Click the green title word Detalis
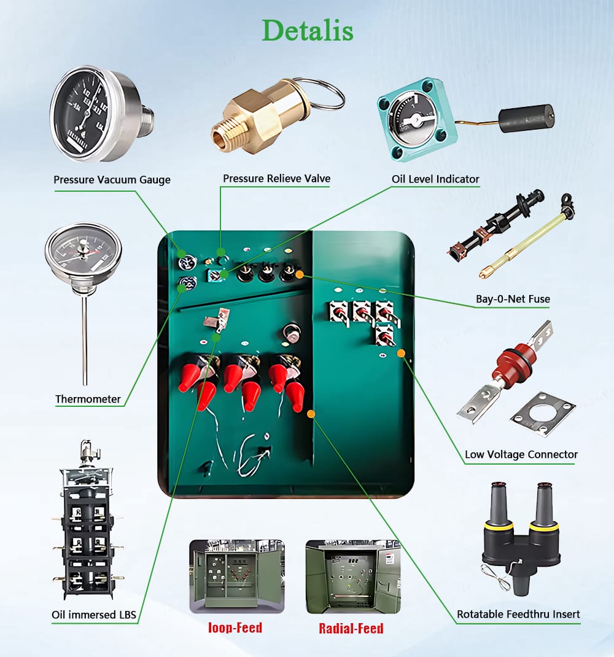[308, 31]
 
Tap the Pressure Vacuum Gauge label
[112, 179]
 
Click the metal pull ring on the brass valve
[325, 93]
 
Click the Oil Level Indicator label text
[435, 179]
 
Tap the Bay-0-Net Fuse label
[513, 299]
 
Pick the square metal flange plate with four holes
[542, 414]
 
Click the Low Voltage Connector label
[521, 455]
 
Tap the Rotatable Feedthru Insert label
[518, 614]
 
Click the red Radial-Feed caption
[351, 628]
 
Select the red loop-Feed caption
[235, 627]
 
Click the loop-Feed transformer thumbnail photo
[237, 576]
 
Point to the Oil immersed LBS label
[94, 615]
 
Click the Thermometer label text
[88, 399]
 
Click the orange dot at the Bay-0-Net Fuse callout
[300, 275]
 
